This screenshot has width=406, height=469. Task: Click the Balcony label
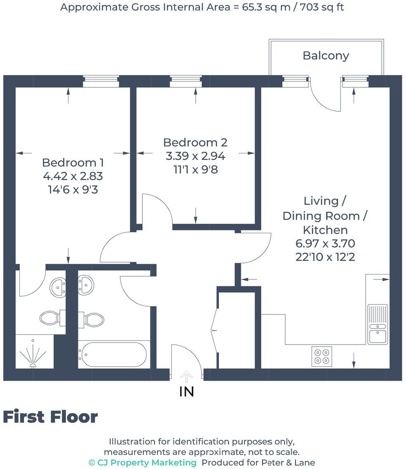click(326, 56)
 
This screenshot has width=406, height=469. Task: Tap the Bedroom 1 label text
click(73, 162)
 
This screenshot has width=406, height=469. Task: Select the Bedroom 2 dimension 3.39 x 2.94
click(195, 156)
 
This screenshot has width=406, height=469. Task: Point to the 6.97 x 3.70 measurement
click(325, 243)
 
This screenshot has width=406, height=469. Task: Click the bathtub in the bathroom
click(113, 353)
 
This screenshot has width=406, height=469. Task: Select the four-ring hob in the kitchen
click(322, 356)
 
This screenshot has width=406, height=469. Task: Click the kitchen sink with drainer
click(378, 324)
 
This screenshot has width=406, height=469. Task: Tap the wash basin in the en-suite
click(58, 286)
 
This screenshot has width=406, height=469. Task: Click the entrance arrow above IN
click(187, 376)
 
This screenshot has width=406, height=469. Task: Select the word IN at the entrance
click(186, 392)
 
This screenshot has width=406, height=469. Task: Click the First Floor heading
click(50, 417)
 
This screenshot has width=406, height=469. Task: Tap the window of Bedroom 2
click(186, 81)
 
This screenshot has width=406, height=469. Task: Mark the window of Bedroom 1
click(101, 81)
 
